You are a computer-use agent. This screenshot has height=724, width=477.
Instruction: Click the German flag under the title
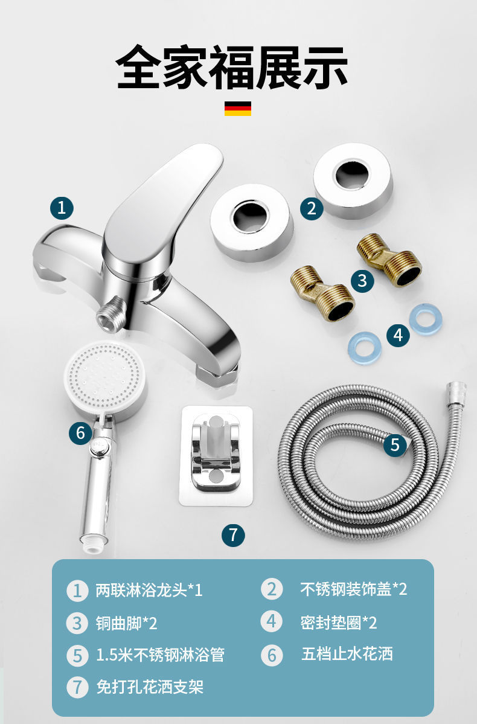238,109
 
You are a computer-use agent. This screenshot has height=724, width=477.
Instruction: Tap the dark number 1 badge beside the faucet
62,208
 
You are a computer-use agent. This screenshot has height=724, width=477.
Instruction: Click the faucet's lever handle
162,203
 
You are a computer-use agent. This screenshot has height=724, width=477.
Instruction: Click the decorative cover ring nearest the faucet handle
252,223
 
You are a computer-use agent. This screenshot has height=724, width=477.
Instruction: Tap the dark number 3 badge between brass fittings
362,281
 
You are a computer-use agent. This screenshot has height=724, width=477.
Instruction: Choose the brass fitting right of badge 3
389,260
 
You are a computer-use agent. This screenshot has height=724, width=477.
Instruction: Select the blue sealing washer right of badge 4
426,319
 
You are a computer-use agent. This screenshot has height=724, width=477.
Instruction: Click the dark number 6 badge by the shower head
81,433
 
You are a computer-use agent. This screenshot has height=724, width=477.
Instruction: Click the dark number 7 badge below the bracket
233,535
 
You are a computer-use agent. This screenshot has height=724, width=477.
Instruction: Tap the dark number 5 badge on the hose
395,444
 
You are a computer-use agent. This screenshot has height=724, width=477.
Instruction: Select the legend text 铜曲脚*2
127,623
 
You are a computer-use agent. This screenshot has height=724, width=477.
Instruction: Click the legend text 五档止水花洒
347,654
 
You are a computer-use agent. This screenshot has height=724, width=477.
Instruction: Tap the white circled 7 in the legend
77,687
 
